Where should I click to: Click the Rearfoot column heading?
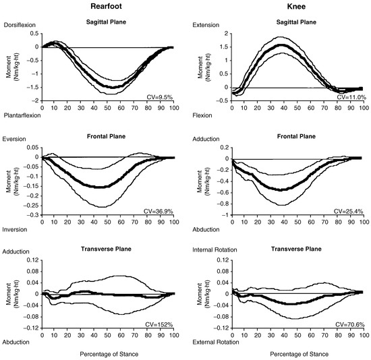(106, 6)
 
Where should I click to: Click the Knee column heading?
(296, 6)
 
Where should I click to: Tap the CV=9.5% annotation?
(160, 97)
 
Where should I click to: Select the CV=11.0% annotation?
(351, 97)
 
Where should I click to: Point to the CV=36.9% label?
(159, 211)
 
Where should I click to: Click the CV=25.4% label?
(348, 211)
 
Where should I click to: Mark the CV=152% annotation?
(159, 324)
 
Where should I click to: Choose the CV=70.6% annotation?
(350, 324)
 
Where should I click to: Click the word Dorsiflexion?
(20, 25)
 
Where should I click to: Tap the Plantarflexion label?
(22, 115)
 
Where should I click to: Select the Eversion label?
(14, 139)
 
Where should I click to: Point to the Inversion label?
(15, 229)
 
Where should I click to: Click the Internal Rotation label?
(215, 250)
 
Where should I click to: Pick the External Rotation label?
(216, 342)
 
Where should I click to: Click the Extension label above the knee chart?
(206, 25)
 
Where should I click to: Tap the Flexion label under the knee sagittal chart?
(202, 115)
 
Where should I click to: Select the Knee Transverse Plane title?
(296, 249)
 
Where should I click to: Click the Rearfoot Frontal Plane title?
(106, 136)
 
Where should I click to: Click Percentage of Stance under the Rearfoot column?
(109, 354)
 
